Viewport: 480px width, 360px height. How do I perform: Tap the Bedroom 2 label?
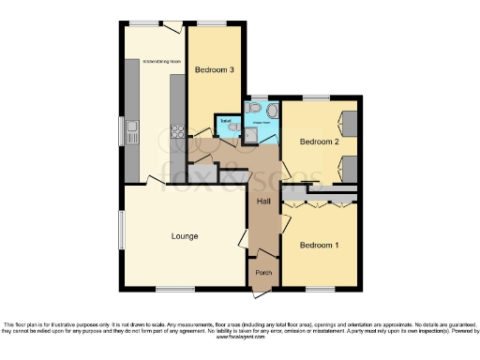click(318, 142)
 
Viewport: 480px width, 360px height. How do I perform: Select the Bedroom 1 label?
click(318, 245)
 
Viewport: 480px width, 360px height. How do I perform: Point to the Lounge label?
click(185, 236)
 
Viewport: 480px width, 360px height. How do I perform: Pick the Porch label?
click(263, 273)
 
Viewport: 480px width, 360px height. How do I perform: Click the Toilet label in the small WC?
click(226, 120)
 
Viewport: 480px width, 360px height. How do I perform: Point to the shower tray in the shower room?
click(253, 136)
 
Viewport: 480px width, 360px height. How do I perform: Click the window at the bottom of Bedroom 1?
click(319, 287)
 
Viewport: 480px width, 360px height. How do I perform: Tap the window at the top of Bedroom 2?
click(316, 97)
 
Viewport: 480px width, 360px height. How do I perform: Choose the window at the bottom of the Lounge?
click(169, 287)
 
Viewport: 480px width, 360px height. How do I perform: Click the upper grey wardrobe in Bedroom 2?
click(348, 123)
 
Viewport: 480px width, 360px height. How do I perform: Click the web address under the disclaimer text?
click(239, 337)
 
